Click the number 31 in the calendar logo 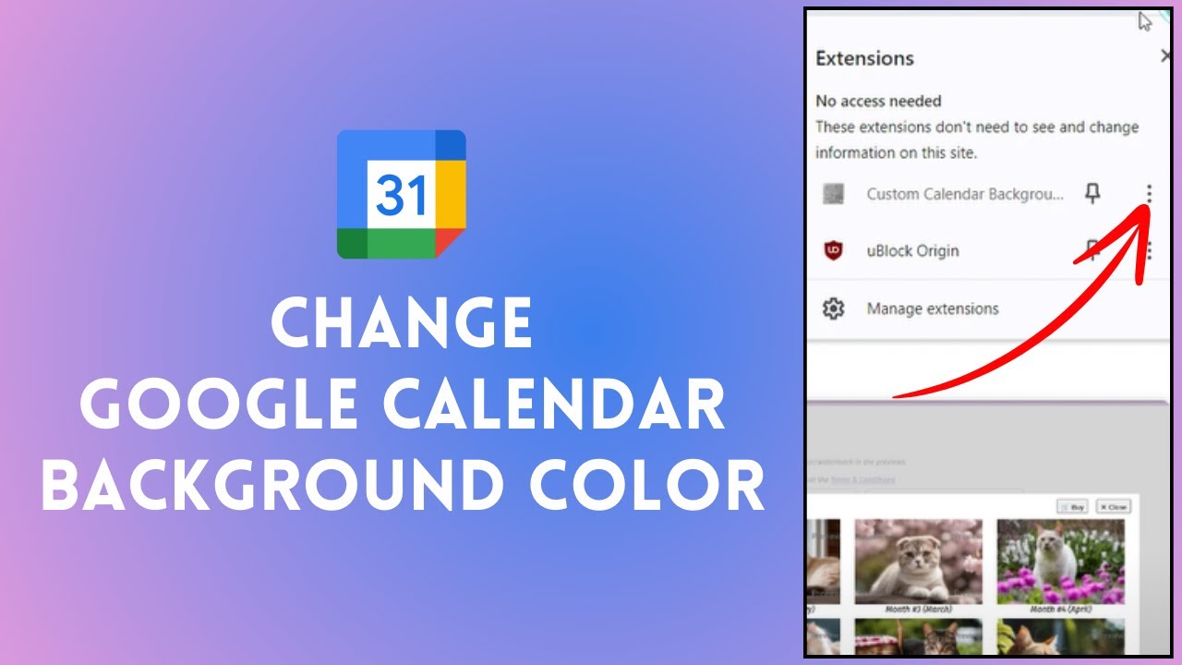(402, 195)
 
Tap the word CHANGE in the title (402, 322)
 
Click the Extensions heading (864, 58)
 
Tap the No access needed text (878, 101)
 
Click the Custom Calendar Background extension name (964, 194)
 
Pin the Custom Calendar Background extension (1092, 193)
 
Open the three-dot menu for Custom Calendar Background (1149, 193)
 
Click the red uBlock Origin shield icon (834, 250)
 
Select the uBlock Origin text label (912, 250)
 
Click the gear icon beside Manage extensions (834, 308)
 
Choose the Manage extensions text (933, 308)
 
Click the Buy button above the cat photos (1074, 507)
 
